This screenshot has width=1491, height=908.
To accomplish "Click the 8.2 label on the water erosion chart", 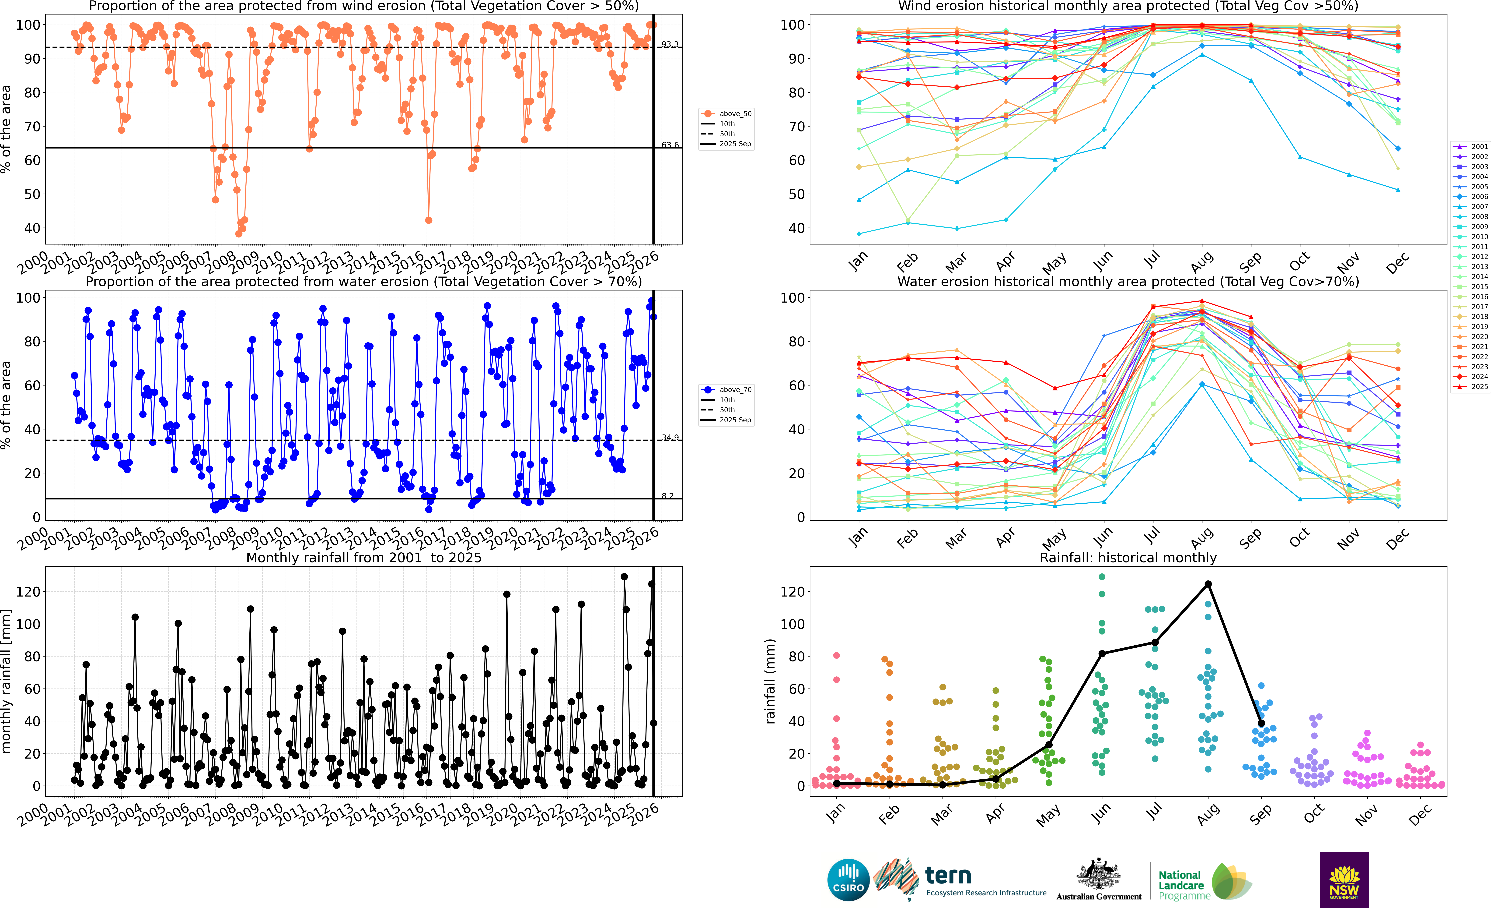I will [x=667, y=496].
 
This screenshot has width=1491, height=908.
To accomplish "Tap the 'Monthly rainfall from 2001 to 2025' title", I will [x=364, y=558].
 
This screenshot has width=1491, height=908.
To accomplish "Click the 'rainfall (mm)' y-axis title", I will [x=770, y=681].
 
